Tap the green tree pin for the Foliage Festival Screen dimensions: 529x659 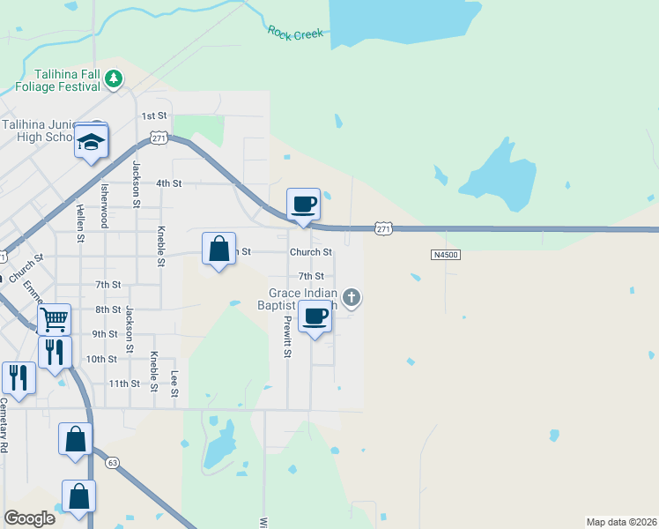(x=114, y=80)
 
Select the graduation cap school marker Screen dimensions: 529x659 (x=91, y=142)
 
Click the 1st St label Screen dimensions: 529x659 (x=154, y=115)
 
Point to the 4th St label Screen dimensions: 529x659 (x=168, y=183)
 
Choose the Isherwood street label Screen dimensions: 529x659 (x=103, y=206)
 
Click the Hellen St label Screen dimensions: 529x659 (x=79, y=224)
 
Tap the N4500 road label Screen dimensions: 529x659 (x=447, y=255)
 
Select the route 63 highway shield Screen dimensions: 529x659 (x=112, y=462)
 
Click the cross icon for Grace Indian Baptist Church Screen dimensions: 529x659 (x=352, y=297)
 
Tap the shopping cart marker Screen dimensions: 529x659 (x=55, y=318)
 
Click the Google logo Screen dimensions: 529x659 (x=29, y=518)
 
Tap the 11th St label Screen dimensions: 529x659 (x=123, y=384)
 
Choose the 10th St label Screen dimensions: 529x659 (x=101, y=359)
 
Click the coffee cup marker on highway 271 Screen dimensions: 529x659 (x=303, y=205)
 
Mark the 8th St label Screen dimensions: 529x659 (x=108, y=309)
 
